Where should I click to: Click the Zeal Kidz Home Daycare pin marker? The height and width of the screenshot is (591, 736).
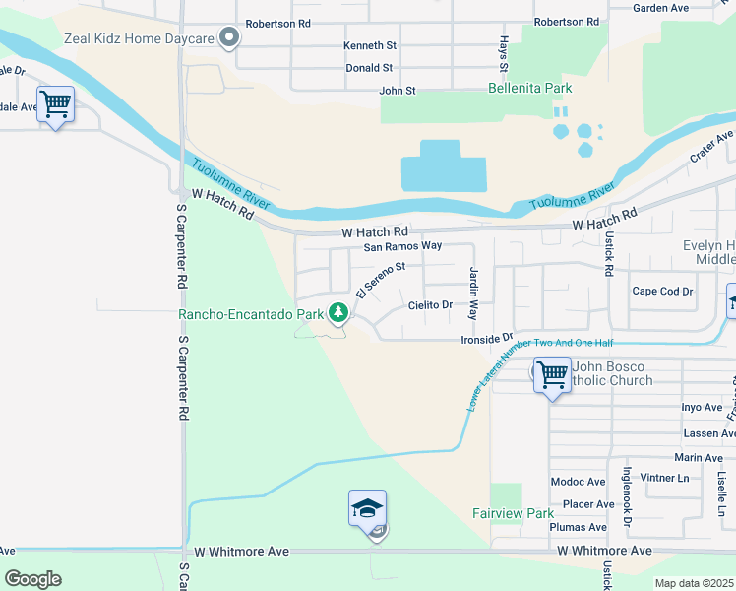(x=229, y=38)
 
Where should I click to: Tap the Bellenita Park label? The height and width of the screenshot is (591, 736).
(x=530, y=88)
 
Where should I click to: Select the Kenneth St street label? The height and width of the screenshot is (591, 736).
(x=369, y=45)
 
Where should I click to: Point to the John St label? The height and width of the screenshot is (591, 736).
(x=398, y=91)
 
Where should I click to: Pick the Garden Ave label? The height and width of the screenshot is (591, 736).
(x=660, y=8)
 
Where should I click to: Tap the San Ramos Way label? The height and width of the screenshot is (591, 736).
(x=402, y=246)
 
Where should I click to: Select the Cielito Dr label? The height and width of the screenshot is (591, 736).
(x=430, y=305)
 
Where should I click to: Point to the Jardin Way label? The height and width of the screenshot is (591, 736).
(x=473, y=293)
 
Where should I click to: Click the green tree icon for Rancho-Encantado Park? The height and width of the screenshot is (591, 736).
(x=338, y=312)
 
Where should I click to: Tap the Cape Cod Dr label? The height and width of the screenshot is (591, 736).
(x=662, y=291)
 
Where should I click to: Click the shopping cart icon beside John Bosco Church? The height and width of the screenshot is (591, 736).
(x=551, y=374)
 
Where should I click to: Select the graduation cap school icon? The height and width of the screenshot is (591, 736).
(x=367, y=509)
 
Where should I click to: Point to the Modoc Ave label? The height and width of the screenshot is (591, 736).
(x=578, y=481)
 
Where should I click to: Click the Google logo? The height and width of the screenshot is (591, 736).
(x=32, y=579)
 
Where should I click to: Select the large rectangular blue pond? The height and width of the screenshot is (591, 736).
(x=443, y=166)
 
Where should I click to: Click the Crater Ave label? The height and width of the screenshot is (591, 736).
(x=712, y=149)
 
